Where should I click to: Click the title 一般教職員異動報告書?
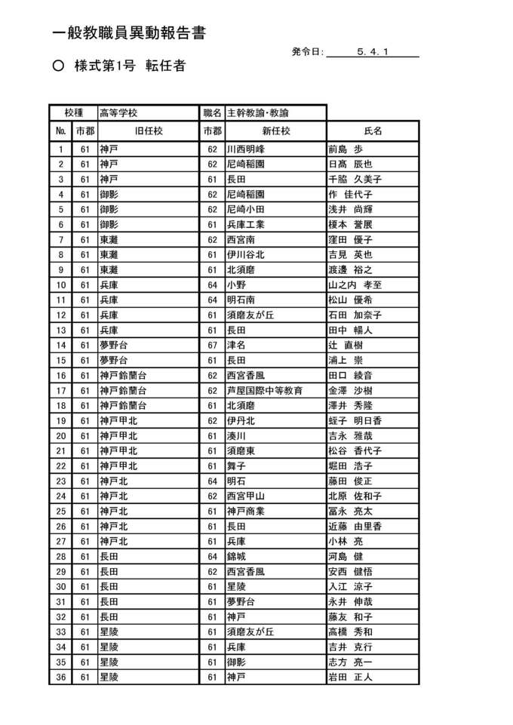point(130,33)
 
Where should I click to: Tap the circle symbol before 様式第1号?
point(58,66)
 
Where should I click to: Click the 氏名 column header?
point(373,131)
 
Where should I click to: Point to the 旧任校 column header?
point(149,131)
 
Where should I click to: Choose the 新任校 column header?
point(275,131)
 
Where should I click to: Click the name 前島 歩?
point(346,149)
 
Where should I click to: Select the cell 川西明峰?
point(247,149)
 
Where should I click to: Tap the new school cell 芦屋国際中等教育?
point(265,390)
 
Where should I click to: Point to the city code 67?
point(213,345)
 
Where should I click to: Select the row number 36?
point(61,677)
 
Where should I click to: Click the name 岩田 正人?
point(350,677)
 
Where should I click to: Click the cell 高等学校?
point(118,112)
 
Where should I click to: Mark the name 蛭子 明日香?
point(355,420)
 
